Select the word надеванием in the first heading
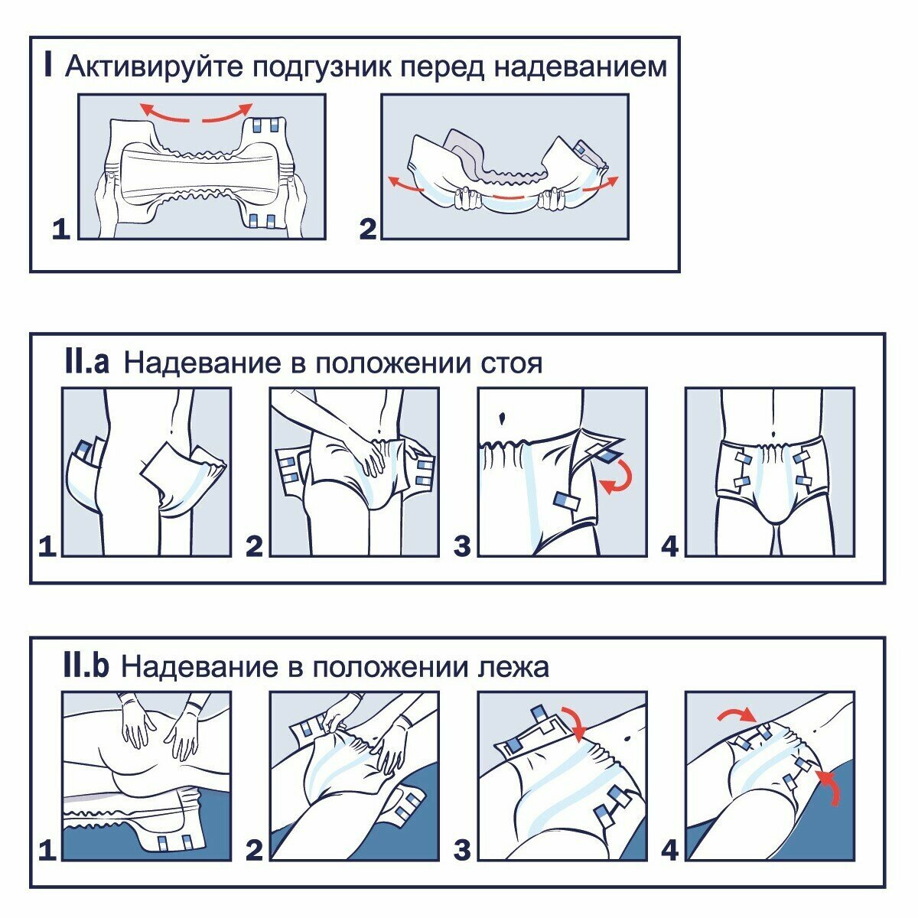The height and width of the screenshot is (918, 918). click(x=580, y=67)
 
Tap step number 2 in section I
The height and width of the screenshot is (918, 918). click(x=369, y=229)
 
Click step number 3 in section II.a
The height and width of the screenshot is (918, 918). click(x=462, y=546)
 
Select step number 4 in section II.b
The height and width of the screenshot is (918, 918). click(x=670, y=850)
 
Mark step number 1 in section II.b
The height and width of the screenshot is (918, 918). click(x=47, y=850)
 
